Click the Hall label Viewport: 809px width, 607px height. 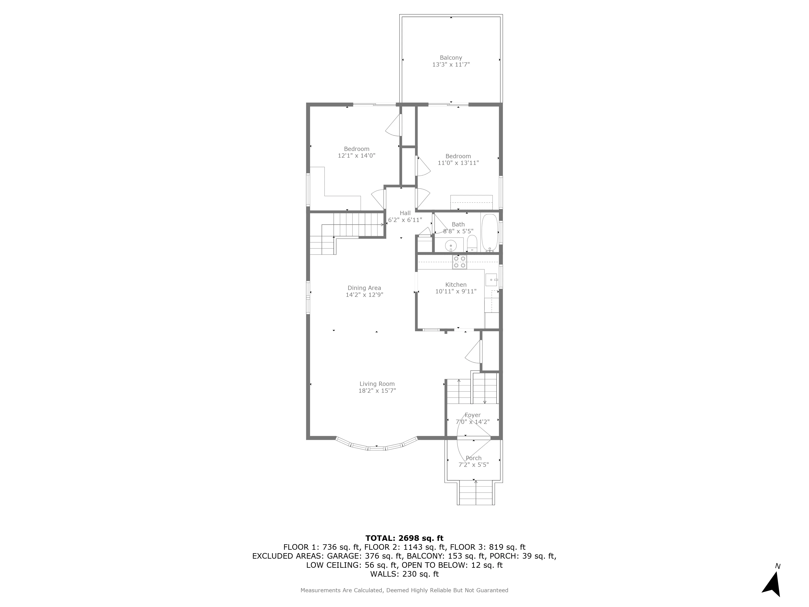point(405,213)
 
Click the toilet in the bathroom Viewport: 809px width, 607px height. point(472,244)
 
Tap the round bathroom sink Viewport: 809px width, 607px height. point(451,245)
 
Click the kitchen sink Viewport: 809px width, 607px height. point(491,280)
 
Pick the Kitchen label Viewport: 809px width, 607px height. point(456,285)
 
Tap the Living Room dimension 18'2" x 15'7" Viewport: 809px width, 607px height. point(377,391)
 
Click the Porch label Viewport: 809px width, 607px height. point(473,458)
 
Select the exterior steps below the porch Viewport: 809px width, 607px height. point(475,494)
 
